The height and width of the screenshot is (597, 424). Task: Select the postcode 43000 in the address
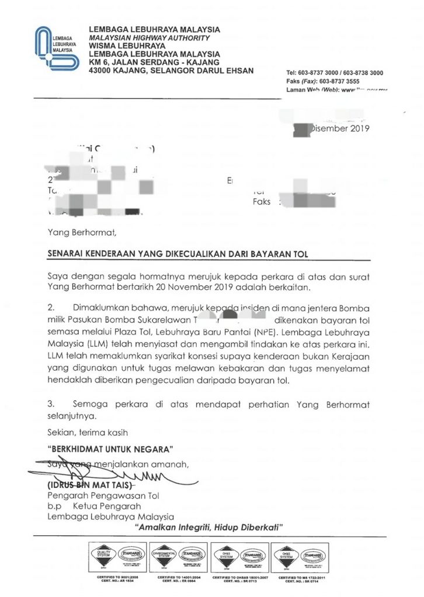[103, 70]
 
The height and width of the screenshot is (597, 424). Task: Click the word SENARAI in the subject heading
[67, 255]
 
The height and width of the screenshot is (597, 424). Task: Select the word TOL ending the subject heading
[300, 255]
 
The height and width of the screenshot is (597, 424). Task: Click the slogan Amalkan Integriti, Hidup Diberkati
[209, 527]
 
